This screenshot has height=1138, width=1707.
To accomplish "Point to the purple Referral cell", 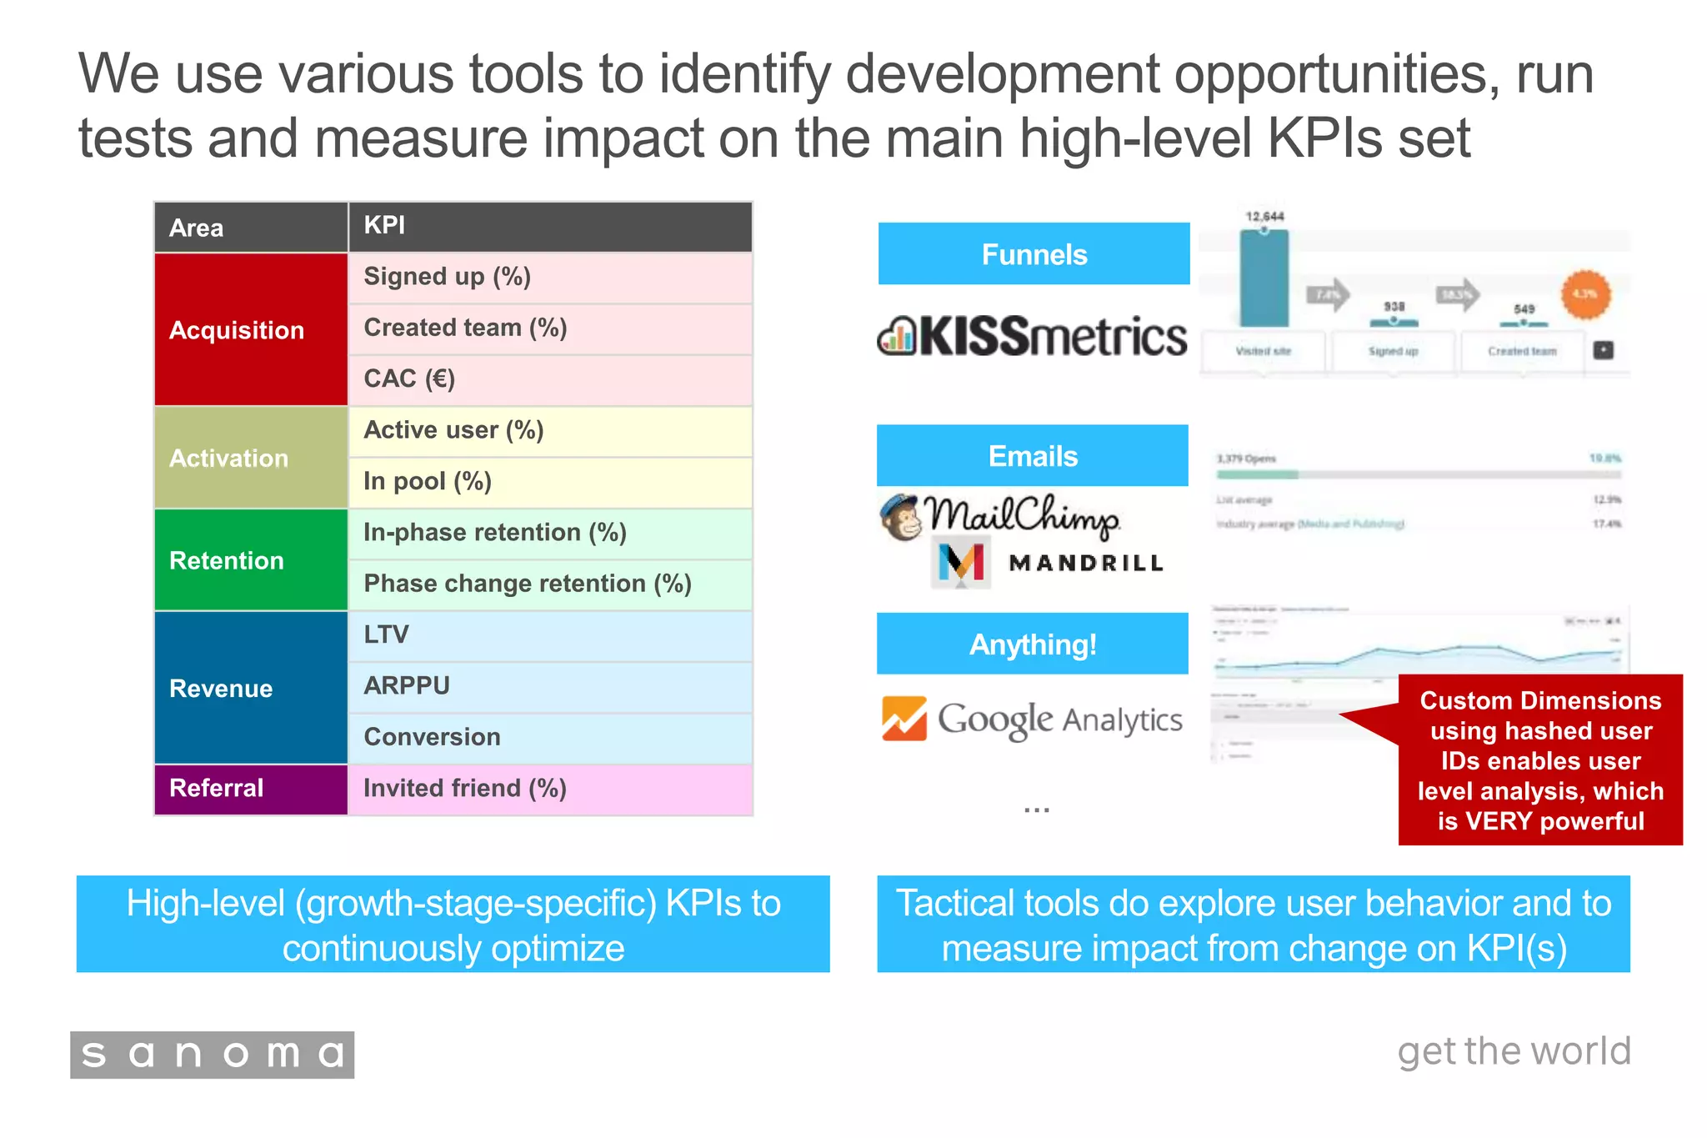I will [251, 789].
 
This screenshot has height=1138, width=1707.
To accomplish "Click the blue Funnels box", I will [1034, 253].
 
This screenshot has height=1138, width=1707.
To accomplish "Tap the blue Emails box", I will [1033, 456].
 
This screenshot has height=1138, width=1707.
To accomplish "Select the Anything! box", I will [1033, 644].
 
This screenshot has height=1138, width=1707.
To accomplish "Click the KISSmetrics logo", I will [1033, 337].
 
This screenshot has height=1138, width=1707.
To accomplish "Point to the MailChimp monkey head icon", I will [901, 517].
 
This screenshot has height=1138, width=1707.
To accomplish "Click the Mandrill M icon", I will [961, 563].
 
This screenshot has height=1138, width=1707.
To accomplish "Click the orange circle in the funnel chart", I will [1585, 294].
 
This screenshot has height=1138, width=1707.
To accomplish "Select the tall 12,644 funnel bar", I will [1264, 278].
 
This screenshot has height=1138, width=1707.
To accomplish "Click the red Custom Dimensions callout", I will [1540, 760].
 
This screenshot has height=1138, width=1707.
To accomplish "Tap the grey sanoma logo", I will [213, 1055].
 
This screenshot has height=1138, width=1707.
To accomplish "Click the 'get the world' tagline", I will [1514, 1052].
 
